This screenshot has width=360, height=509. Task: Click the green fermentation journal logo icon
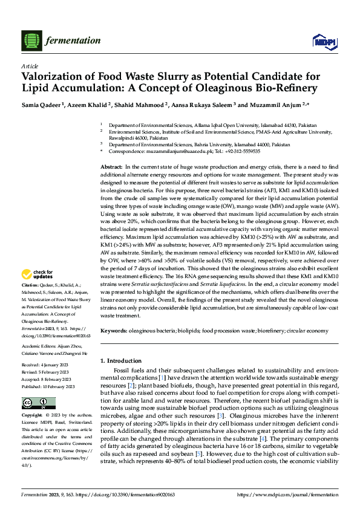(x=30, y=41)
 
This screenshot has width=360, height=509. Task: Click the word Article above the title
(x=29, y=65)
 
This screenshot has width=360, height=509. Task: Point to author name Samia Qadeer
(x=45, y=105)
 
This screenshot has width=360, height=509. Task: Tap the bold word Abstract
(x=111, y=166)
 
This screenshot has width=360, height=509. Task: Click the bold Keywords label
(x=113, y=331)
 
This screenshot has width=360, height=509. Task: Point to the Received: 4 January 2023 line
(x=50, y=365)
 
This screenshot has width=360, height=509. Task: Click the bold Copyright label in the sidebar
(x=32, y=416)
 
